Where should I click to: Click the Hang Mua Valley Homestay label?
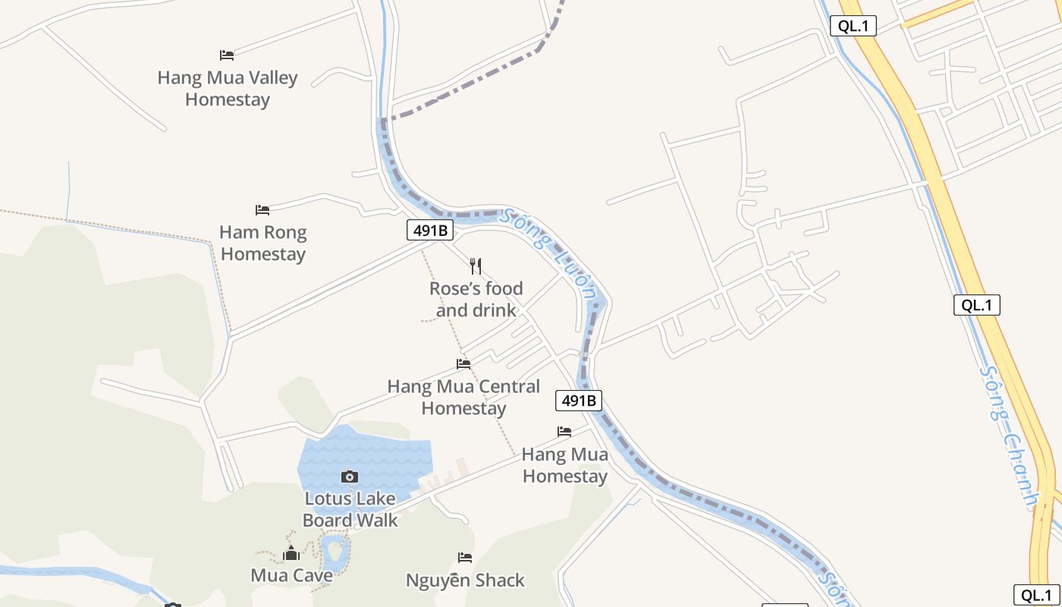pyautogui.click(x=228, y=88)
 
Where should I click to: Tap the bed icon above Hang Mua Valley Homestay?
pyautogui.click(x=226, y=55)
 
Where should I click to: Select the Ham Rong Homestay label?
pyautogui.click(x=262, y=243)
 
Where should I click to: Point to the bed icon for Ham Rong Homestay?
pyautogui.click(x=262, y=209)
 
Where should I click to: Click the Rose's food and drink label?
pyautogui.click(x=476, y=299)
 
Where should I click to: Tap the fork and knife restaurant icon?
pyautogui.click(x=476, y=266)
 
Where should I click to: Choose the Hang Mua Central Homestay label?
pyautogui.click(x=463, y=397)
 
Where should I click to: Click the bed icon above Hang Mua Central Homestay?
pyautogui.click(x=463, y=364)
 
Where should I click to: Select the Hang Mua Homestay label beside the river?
pyautogui.click(x=565, y=465)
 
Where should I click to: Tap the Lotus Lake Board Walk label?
pyautogui.click(x=350, y=509)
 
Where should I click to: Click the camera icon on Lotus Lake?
pyautogui.click(x=350, y=476)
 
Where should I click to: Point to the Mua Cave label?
pyautogui.click(x=291, y=575)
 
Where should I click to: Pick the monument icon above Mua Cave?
pyautogui.click(x=291, y=554)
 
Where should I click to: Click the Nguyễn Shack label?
pyautogui.click(x=465, y=580)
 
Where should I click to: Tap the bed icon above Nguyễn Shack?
pyautogui.click(x=465, y=558)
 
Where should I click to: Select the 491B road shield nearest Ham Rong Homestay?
pyautogui.click(x=430, y=230)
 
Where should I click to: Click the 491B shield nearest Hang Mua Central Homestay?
pyautogui.click(x=579, y=400)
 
